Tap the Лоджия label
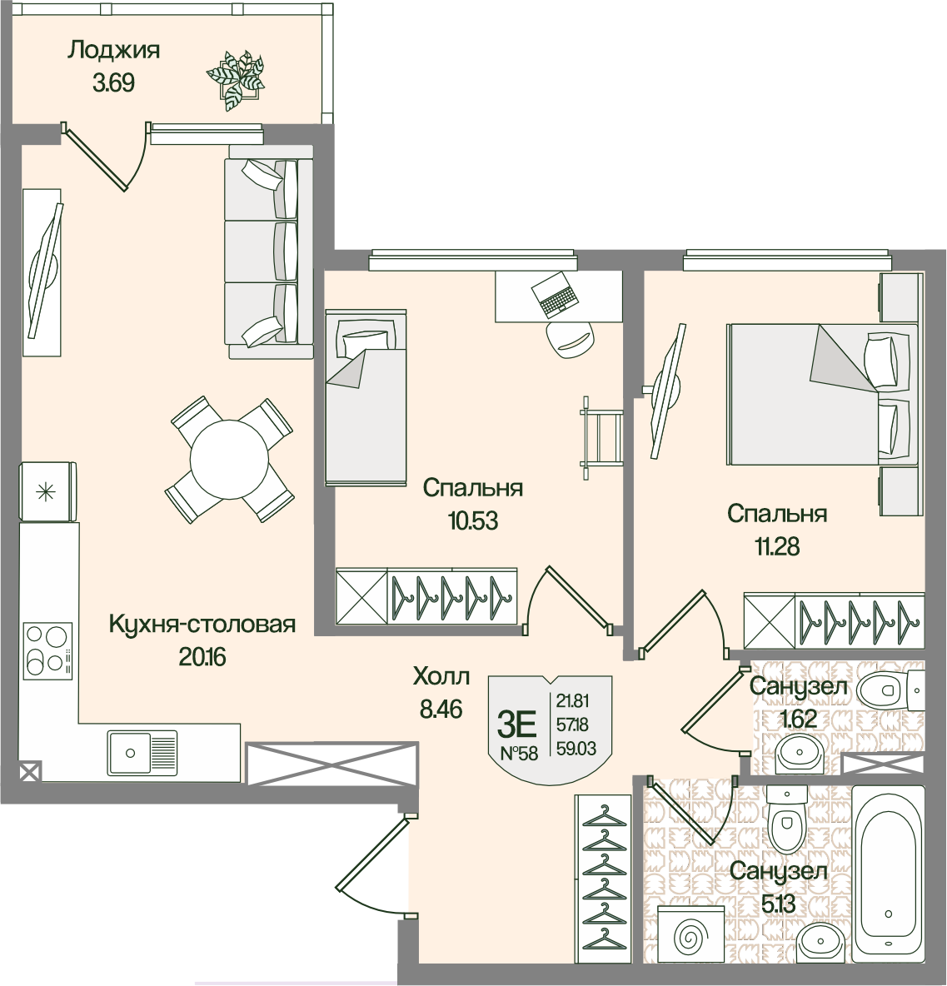(114, 50)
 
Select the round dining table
(230, 460)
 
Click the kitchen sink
(142, 752)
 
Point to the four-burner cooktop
(47, 651)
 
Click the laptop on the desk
(553, 294)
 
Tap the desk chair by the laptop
(570, 340)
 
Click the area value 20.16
(202, 657)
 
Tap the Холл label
(441, 676)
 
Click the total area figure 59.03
(576, 749)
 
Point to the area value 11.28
(777, 546)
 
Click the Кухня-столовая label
(202, 625)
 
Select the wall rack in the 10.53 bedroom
(601, 438)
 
